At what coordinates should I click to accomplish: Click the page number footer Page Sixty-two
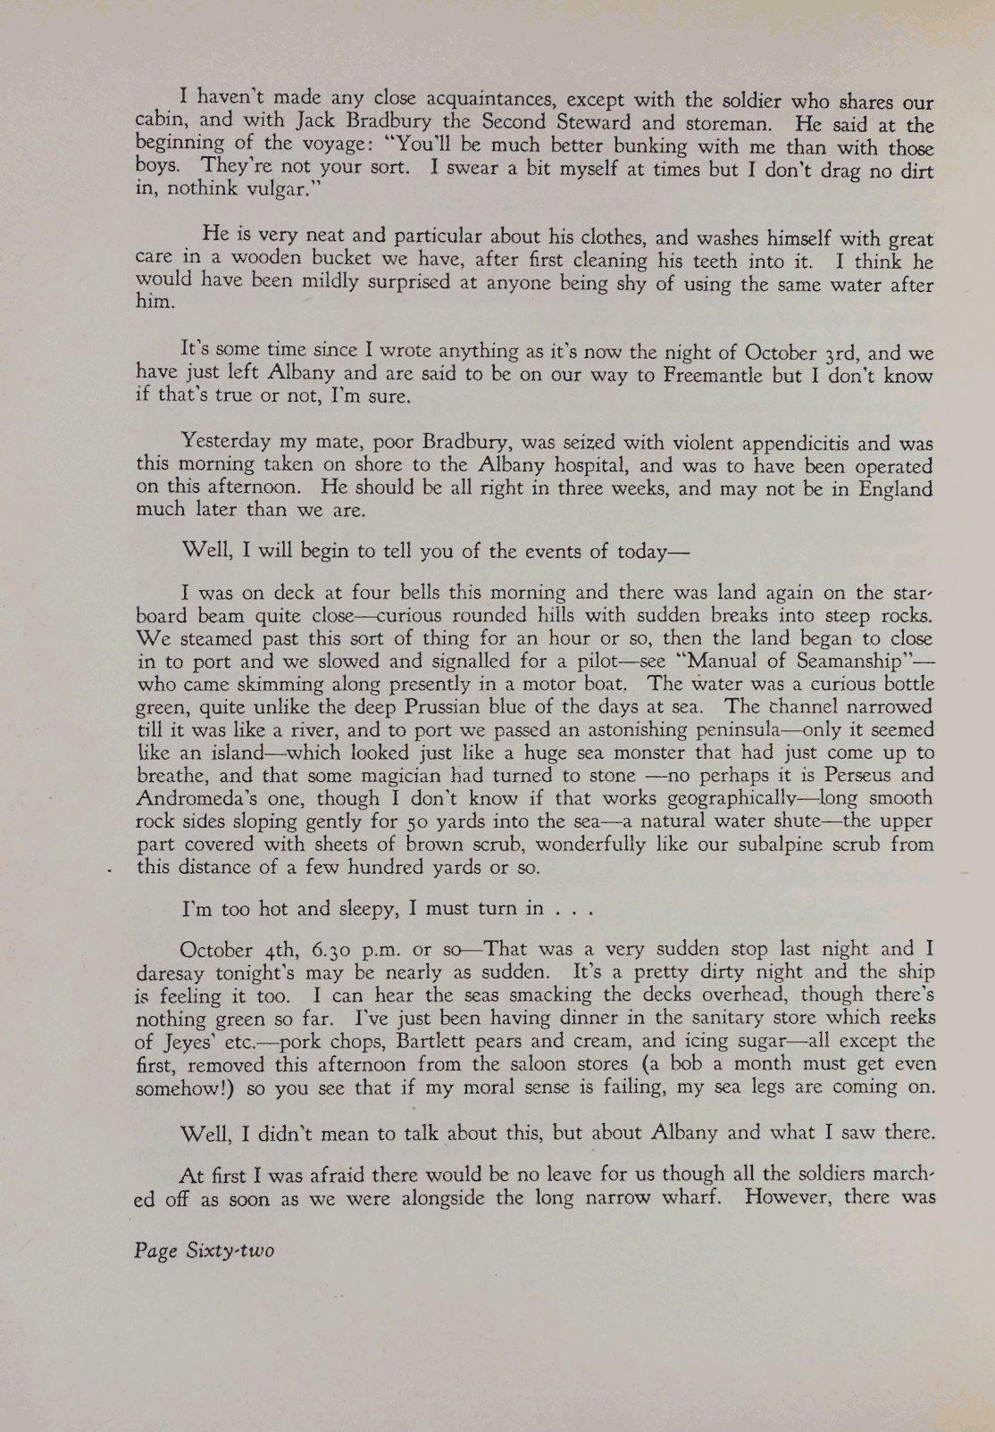205,1251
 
